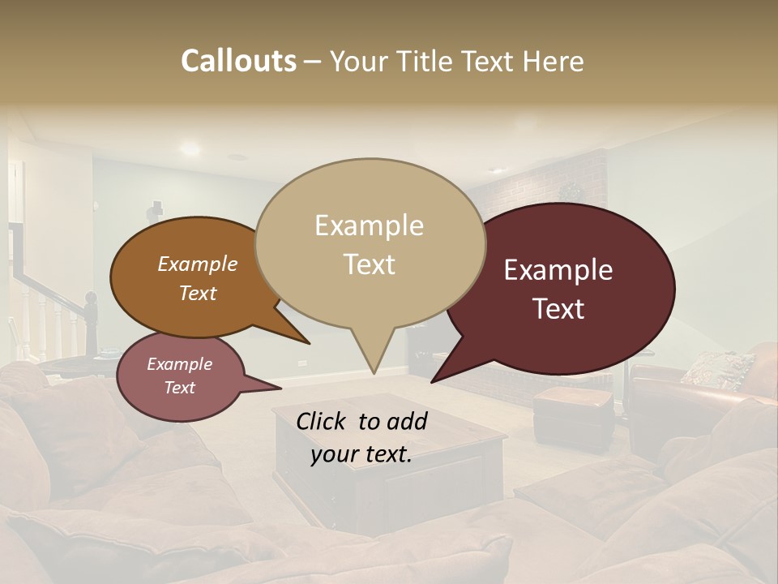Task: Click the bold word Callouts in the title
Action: tap(238, 61)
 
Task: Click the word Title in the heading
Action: tap(428, 61)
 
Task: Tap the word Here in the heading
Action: tap(552, 61)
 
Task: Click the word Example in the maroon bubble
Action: tap(558, 270)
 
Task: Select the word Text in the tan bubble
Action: tap(370, 264)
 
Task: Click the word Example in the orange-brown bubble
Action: tap(197, 264)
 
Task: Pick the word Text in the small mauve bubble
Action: tap(179, 388)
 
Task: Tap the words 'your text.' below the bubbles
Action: tap(361, 454)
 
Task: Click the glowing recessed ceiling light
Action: tap(190, 148)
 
